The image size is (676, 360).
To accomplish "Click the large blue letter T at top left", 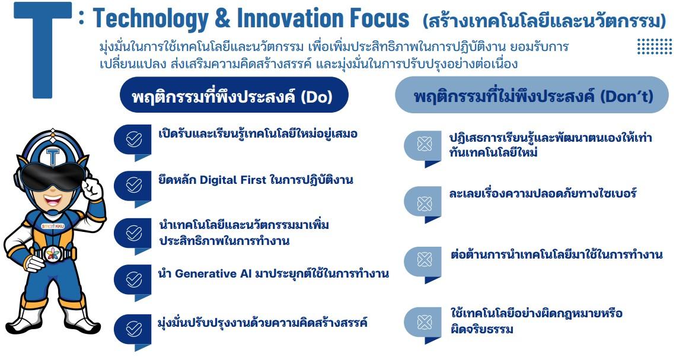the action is (x=43, y=50).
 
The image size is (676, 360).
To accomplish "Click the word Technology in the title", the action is (x=151, y=19).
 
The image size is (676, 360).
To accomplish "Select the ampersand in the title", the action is (x=223, y=18).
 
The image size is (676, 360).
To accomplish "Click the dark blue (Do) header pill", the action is (x=234, y=95).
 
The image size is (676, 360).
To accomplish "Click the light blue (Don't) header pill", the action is (x=531, y=95).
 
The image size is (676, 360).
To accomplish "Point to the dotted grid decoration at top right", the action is (x=655, y=46).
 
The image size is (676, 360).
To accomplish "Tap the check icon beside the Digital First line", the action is (x=133, y=185).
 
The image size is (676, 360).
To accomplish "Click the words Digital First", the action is (x=233, y=180).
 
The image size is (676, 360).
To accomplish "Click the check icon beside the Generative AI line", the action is (x=133, y=279).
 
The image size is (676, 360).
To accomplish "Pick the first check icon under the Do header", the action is (x=133, y=139).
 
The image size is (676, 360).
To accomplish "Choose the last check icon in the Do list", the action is (x=133, y=329).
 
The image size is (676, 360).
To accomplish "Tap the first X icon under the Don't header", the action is (x=424, y=144).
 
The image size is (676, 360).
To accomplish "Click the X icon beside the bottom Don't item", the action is (x=424, y=322).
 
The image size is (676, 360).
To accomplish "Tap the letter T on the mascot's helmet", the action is (x=53, y=157).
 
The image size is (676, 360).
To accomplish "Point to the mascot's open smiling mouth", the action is (x=53, y=200).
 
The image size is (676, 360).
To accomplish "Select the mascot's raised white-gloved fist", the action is (x=92, y=187).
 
